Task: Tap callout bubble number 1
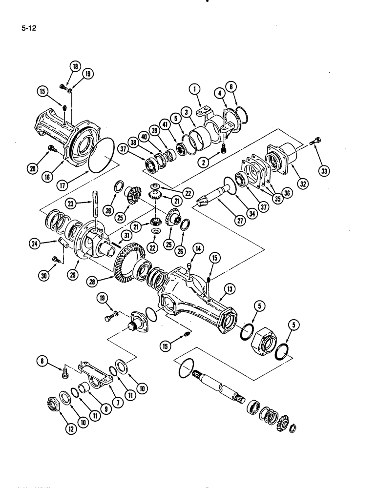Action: [x=194, y=89]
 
